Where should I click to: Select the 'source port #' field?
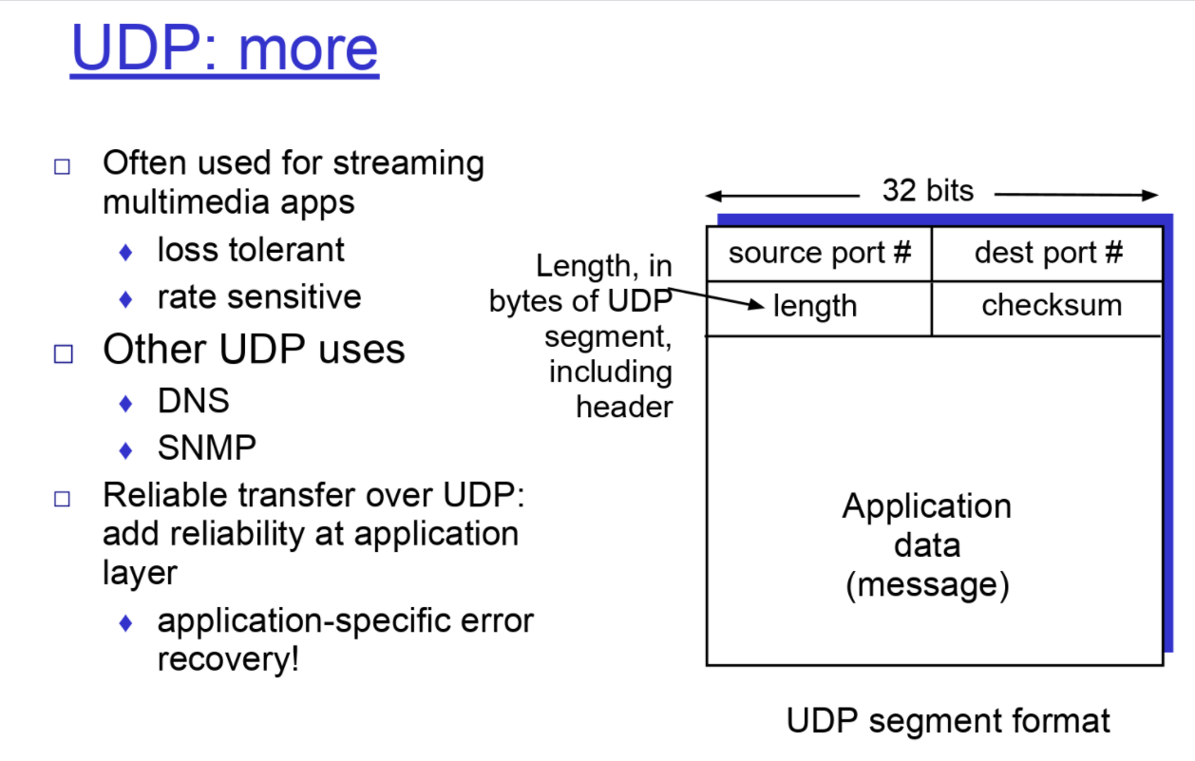tap(820, 253)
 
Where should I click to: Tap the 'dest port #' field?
tap(1049, 253)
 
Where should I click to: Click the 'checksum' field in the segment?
tap(1052, 305)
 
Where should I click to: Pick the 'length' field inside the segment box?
tap(815, 306)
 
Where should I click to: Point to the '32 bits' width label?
tap(928, 190)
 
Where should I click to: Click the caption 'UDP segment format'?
tap(948, 720)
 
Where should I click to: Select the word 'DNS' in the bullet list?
tap(194, 401)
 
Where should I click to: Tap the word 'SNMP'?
tap(207, 447)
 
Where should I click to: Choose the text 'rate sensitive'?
tap(259, 296)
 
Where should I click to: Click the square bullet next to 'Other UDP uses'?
tap(63, 353)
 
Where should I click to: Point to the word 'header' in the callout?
tap(624, 407)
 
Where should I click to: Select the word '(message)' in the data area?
tap(927, 584)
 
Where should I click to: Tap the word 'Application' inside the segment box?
tap(927, 505)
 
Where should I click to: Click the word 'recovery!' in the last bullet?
tap(228, 659)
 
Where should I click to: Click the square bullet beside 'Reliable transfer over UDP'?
tap(63, 499)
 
